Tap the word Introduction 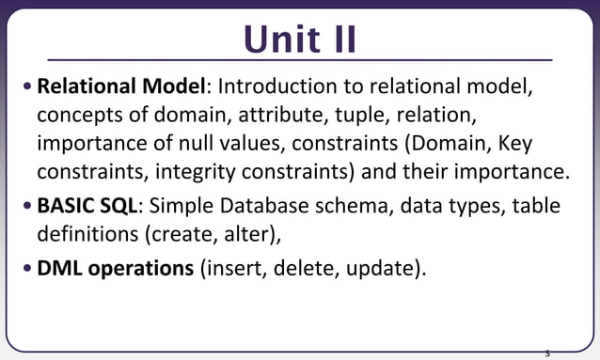click(x=273, y=87)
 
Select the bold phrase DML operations click(x=115, y=268)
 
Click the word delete click(x=295, y=268)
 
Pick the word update click(x=378, y=268)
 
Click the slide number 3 click(x=547, y=354)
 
